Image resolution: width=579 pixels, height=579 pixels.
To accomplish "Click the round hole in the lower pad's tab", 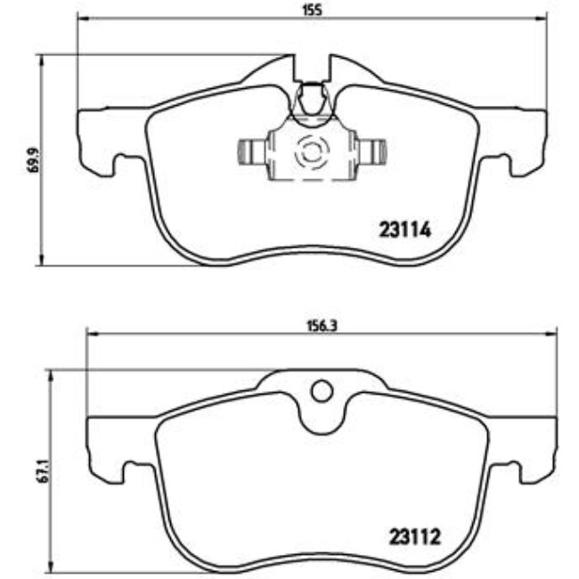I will [321, 390].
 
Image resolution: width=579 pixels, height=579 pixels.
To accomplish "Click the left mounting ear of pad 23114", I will [98, 138].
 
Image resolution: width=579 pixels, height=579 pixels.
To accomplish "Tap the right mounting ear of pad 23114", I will [526, 138].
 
